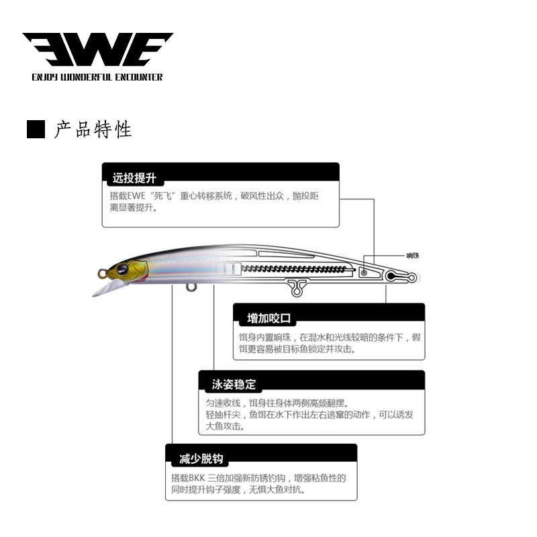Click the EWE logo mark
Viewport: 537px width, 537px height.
tap(97, 50)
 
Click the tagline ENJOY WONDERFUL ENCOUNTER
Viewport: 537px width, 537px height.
tap(97, 77)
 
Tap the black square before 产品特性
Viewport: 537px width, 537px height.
tap(36, 130)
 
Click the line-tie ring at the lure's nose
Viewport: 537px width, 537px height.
tap(102, 274)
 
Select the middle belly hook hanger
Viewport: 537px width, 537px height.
tap(295, 287)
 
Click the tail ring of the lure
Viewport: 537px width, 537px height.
tap(409, 276)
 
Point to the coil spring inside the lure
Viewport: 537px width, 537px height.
tap(295, 269)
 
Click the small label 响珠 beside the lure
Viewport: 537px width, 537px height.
tap(413, 256)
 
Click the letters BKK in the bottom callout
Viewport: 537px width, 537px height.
tap(196, 478)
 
